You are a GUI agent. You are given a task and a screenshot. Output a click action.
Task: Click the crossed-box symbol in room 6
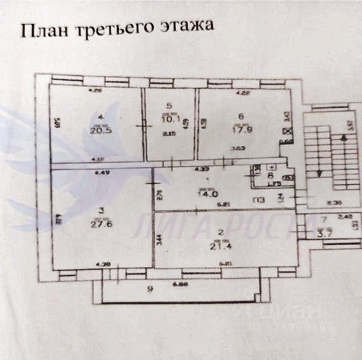point(286,132)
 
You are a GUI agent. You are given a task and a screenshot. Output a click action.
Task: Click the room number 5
point(169,106)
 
